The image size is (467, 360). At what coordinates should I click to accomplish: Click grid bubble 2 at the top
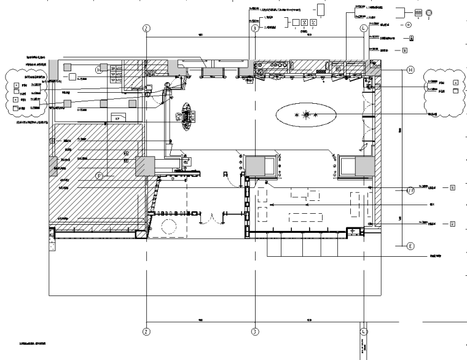pos(146,28)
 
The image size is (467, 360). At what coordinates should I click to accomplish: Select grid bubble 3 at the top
pos(254,28)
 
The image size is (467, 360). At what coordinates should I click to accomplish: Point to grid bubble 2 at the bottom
pos(146,331)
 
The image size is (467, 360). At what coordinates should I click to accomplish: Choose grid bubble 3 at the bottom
pos(254,331)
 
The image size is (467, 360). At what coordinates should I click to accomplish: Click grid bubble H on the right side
pos(410,70)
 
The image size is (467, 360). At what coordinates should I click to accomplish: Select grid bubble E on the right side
pos(410,246)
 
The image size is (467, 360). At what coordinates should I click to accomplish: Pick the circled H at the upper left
pos(98,70)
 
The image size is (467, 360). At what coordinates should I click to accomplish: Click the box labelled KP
pos(116,117)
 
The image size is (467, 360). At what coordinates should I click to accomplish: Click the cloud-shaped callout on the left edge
pos(22,92)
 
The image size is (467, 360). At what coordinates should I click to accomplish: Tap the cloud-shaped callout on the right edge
pos(445,91)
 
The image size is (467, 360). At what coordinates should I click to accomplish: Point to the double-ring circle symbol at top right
pos(429,12)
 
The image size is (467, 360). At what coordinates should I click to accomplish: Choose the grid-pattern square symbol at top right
pos(418,12)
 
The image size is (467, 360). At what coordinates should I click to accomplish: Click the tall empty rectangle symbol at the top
pos(321,10)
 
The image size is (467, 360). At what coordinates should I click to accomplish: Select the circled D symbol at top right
pos(409,25)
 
